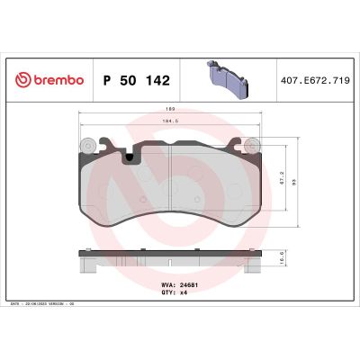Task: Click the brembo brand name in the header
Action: [55, 79]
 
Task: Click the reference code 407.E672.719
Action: [314, 79]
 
